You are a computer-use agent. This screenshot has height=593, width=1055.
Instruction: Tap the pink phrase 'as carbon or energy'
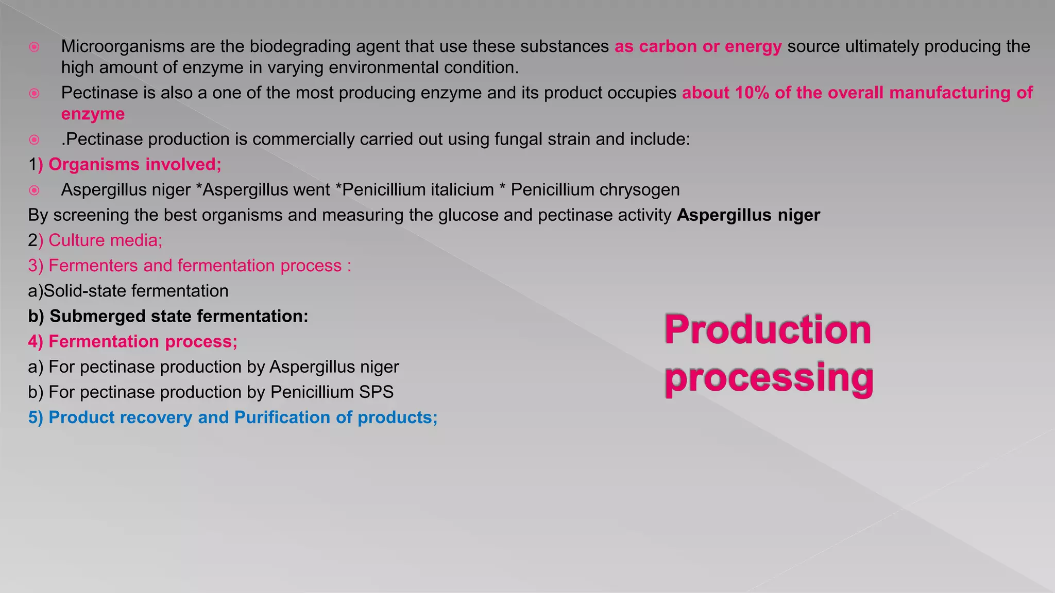coord(698,46)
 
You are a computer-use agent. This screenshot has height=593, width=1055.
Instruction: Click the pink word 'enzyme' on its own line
coord(93,114)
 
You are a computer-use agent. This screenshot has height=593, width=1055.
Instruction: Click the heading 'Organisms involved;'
coord(134,164)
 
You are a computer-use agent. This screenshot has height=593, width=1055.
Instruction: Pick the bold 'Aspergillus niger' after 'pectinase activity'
coord(748,215)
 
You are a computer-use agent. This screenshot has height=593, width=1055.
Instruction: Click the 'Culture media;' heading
coord(105,240)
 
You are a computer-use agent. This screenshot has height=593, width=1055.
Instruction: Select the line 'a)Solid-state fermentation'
coord(128,291)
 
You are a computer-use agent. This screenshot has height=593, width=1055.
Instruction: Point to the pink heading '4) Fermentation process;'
coord(133,341)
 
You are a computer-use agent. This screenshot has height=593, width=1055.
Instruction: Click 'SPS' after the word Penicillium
coord(376,392)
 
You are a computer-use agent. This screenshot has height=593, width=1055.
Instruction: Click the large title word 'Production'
coord(768,329)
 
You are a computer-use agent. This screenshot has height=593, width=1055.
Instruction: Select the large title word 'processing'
coord(769,378)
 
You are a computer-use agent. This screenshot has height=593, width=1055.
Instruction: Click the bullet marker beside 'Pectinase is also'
coord(34,93)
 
